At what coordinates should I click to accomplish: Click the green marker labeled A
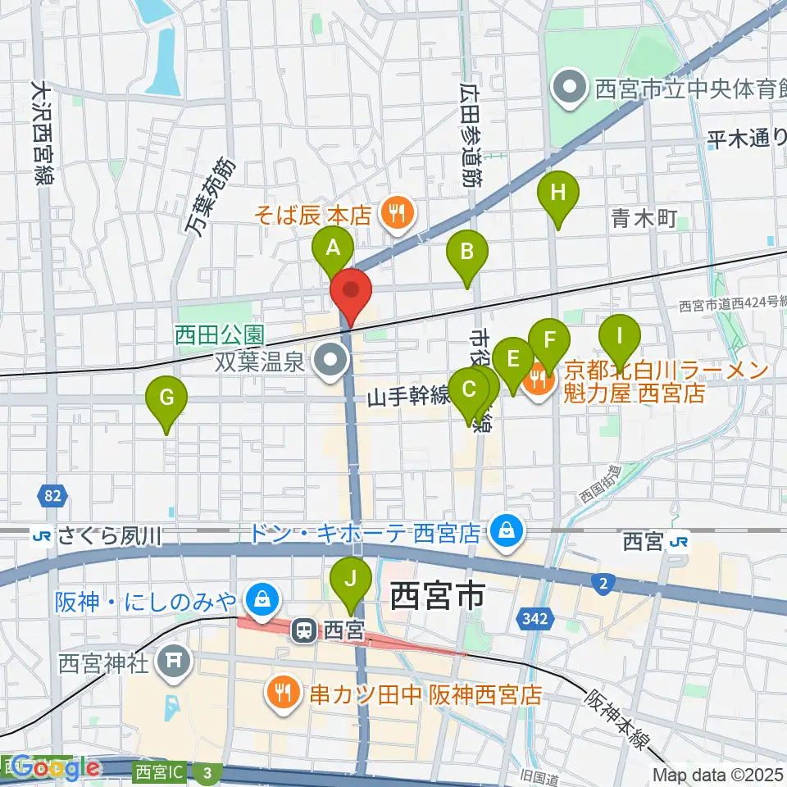pyautogui.click(x=333, y=248)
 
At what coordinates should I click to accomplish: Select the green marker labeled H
pyautogui.click(x=558, y=194)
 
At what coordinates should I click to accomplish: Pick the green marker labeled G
pyautogui.click(x=166, y=399)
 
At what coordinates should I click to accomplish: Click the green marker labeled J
pyautogui.click(x=351, y=580)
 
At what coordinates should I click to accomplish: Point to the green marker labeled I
pyautogui.click(x=620, y=336)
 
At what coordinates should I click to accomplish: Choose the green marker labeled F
pyautogui.click(x=549, y=339)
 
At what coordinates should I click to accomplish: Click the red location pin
pyautogui.click(x=351, y=291)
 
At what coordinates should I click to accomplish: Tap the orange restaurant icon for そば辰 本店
pyautogui.click(x=398, y=215)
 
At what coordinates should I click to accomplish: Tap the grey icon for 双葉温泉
pyautogui.click(x=332, y=359)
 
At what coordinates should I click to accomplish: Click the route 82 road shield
pyautogui.click(x=53, y=495)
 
